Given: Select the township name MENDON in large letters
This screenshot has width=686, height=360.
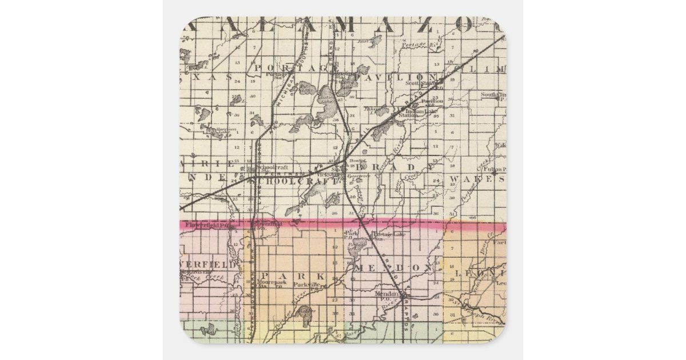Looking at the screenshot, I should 394,267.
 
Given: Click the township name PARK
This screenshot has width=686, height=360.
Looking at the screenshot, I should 294,275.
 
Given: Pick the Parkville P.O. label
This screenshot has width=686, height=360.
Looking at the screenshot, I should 305,285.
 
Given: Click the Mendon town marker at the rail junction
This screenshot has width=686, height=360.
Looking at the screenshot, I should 402,295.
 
